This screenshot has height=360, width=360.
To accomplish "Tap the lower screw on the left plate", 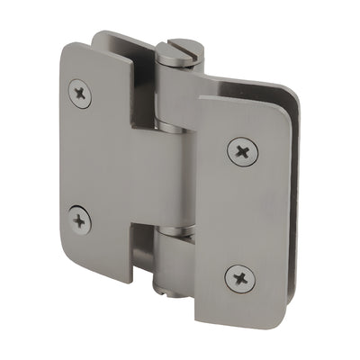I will click(x=80, y=218).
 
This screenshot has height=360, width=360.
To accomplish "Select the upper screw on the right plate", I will click(x=240, y=150).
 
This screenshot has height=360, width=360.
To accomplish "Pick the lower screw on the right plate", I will click(x=240, y=277).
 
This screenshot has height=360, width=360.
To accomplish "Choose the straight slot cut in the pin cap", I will click(x=175, y=48).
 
